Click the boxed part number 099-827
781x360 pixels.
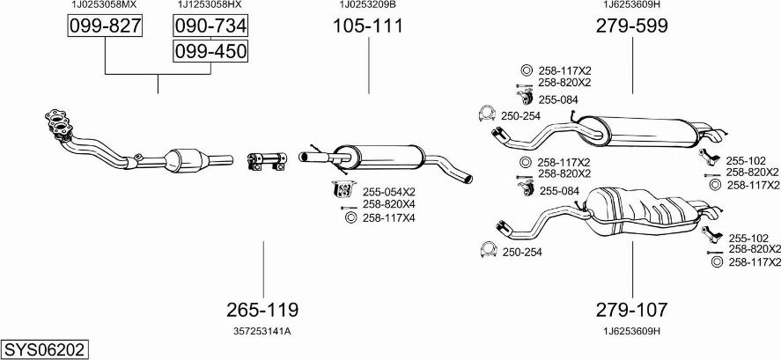[105, 27]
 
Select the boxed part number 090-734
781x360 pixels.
[210, 26]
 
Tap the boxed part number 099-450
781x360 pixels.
[210, 52]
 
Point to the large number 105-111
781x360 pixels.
[368, 26]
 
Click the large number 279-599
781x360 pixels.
[632, 26]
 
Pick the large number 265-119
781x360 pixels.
[262, 310]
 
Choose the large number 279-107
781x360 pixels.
[632, 310]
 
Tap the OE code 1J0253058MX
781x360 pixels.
[105, 5]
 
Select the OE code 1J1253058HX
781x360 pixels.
[210, 5]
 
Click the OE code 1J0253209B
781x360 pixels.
[368, 5]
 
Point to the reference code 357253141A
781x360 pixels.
[262, 331]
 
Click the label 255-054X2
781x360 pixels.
[389, 190]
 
